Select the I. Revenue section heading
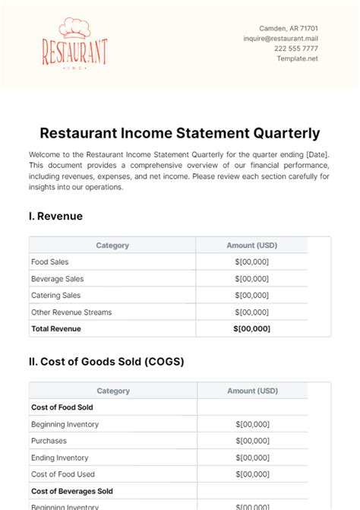tap(55, 216)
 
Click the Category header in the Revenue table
tap(112, 245)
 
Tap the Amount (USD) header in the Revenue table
tap(252, 245)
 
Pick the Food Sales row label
tap(50, 262)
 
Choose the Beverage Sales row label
tap(57, 279)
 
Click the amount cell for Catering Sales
tap(252, 296)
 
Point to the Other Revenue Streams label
tap(71, 312)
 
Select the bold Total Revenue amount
tap(252, 329)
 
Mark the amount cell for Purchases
tap(252, 441)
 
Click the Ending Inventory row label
tap(59, 458)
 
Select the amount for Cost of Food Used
tap(252, 474)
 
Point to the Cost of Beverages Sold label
tap(71, 491)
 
